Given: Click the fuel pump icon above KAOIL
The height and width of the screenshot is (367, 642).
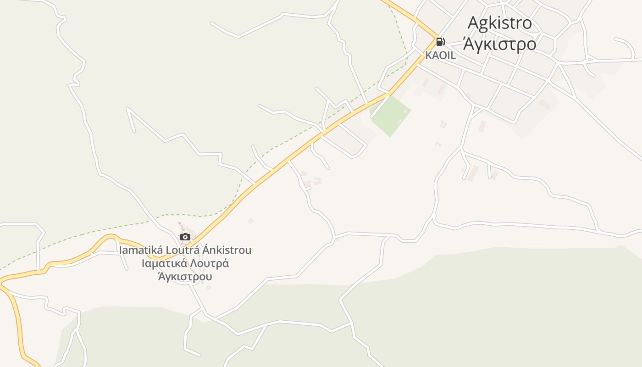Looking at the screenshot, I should coord(440,42).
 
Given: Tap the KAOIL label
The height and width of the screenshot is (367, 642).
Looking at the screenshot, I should coord(441,56).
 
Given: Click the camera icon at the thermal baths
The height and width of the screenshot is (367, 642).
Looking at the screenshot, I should coord(185,237).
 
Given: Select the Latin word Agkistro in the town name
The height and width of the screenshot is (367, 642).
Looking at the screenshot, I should coord(499,23).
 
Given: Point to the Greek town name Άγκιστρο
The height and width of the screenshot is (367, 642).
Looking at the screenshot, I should coord(499,44).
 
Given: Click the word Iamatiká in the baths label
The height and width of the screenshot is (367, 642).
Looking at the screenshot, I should coord(137,250).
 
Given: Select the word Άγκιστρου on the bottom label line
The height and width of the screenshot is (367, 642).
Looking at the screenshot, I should coord(185,277).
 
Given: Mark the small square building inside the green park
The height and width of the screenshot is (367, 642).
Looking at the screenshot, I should coord(405,111).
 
